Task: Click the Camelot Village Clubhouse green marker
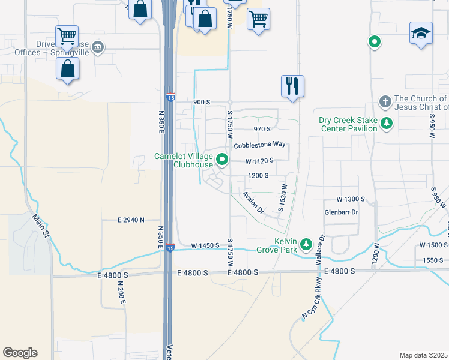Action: (223, 160)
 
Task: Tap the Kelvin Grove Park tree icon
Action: (306, 244)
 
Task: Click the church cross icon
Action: (385, 100)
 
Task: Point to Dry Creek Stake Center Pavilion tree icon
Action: (387, 124)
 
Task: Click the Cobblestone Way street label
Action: (259, 145)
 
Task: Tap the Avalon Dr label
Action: (253, 202)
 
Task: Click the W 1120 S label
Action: (259, 161)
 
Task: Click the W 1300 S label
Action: (351, 199)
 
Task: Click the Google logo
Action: (20, 353)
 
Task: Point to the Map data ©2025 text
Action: (423, 355)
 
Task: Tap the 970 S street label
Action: (262, 129)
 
